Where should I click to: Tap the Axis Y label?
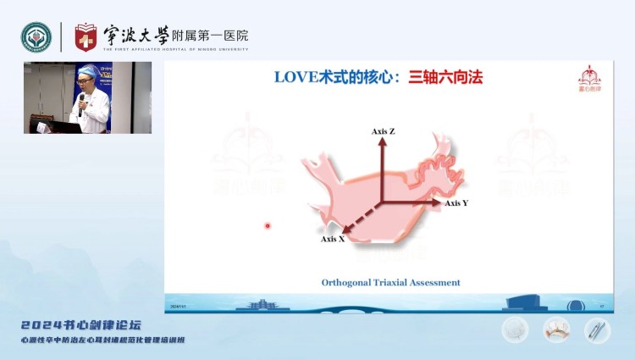pos(456,203)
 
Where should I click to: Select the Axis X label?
pos(333,239)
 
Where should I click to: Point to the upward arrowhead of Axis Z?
pos(382,141)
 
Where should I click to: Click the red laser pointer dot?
pos(268,225)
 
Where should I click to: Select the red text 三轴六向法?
pos(445,77)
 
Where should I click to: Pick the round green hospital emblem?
pos(36,37)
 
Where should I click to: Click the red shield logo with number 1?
pos(86,37)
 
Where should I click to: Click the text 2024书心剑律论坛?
pos(81,325)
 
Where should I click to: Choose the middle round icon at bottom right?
pos(555,329)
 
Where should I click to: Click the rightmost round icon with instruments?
pos(596,329)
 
